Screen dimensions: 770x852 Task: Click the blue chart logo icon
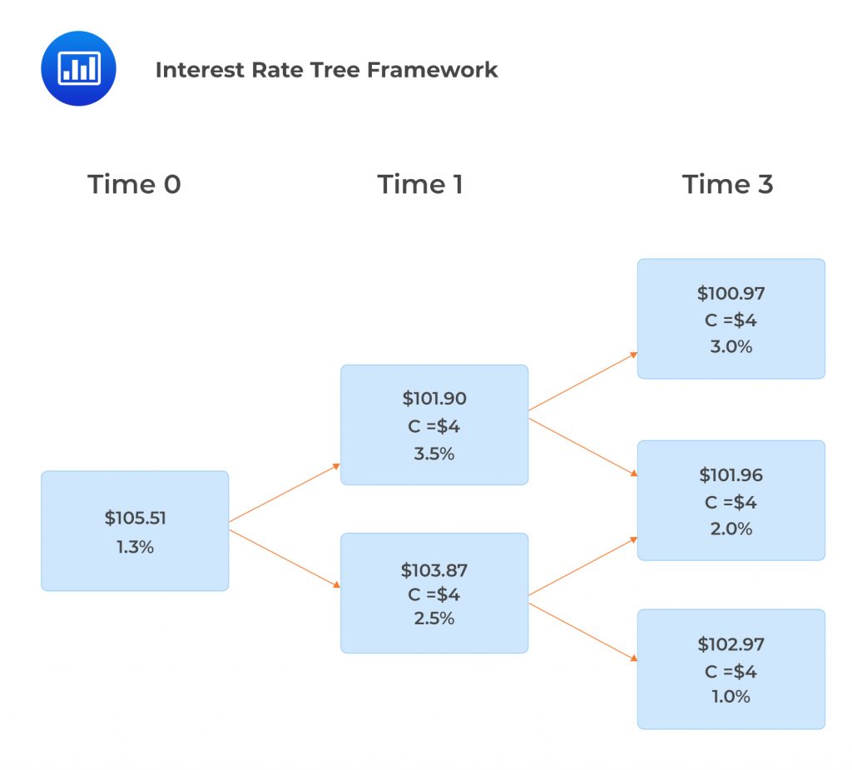tap(78, 68)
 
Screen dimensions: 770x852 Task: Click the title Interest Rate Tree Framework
tap(326, 70)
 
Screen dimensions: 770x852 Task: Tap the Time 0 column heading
tap(134, 184)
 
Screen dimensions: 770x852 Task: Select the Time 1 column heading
tap(419, 184)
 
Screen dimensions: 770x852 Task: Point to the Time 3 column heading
tap(727, 184)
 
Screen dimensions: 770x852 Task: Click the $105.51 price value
tap(135, 518)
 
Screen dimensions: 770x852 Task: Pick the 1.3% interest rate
tap(135, 547)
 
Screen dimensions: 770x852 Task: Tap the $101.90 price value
tap(434, 398)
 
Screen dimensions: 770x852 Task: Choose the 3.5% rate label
tap(434, 454)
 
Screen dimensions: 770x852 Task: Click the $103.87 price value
tap(434, 570)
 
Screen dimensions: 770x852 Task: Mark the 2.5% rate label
tap(434, 618)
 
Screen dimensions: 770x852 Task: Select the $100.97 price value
tap(731, 293)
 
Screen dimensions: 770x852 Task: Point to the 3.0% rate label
tap(731, 346)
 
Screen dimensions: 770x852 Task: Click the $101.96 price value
tap(731, 475)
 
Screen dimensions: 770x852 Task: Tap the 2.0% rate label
tap(731, 529)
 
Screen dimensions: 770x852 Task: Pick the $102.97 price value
tap(731, 643)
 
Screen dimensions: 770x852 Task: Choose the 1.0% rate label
tap(731, 697)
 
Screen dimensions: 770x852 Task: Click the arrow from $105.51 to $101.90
tap(285, 493)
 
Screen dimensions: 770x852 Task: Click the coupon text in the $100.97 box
tap(731, 320)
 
